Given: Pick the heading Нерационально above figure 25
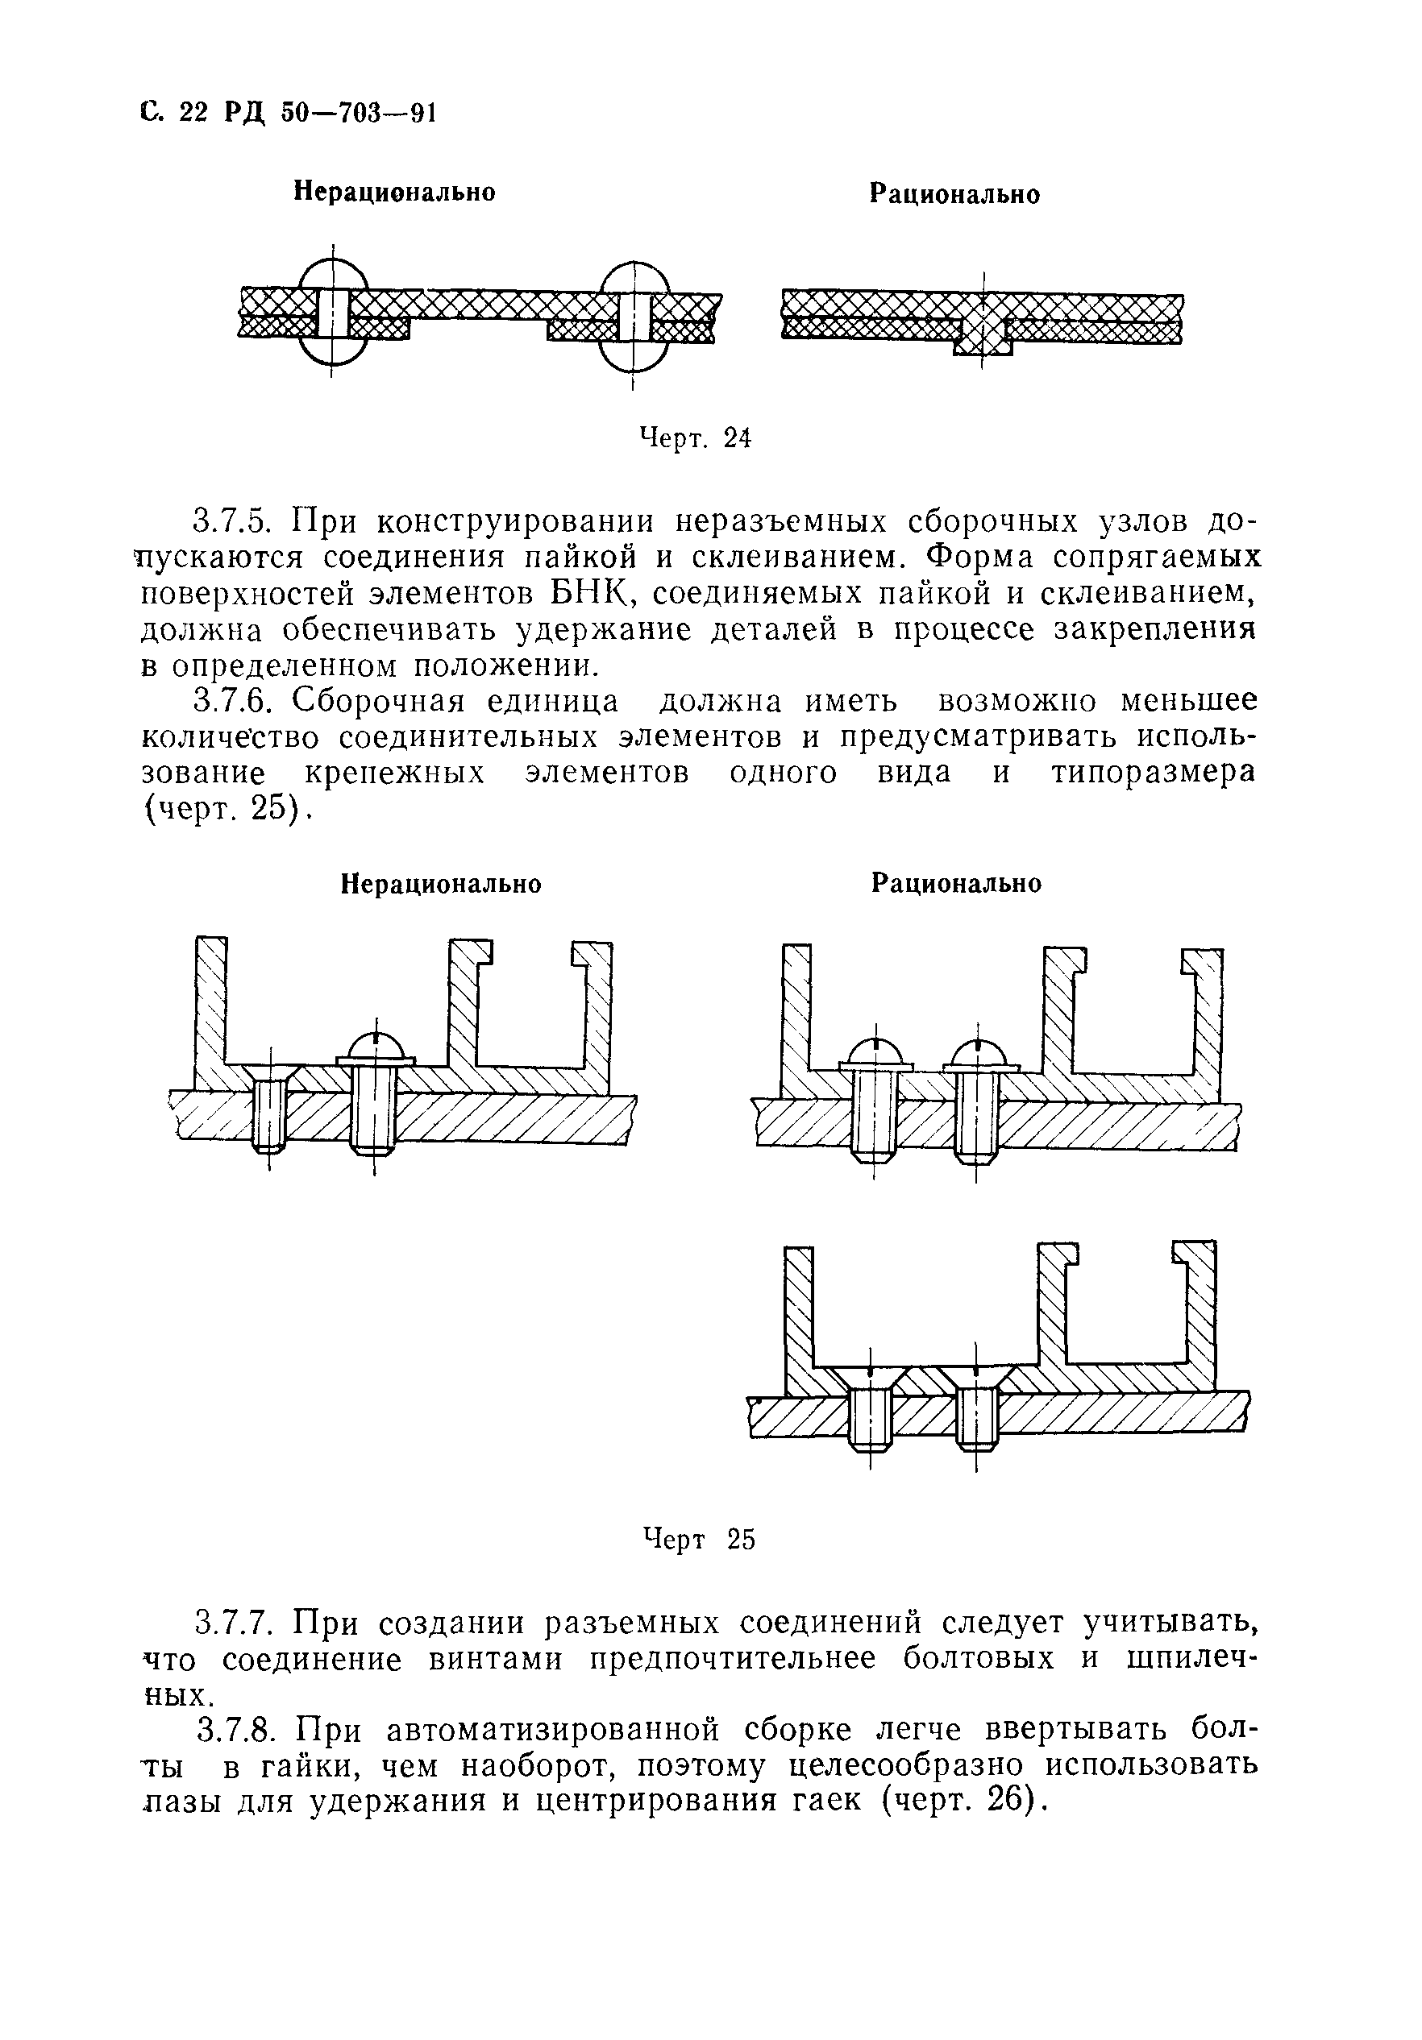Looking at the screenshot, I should coord(442,885).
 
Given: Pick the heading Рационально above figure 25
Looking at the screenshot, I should coord(956,883).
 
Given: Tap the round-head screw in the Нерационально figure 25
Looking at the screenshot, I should coord(375,1097).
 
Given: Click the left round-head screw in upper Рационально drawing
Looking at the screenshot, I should coord(875,1101).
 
